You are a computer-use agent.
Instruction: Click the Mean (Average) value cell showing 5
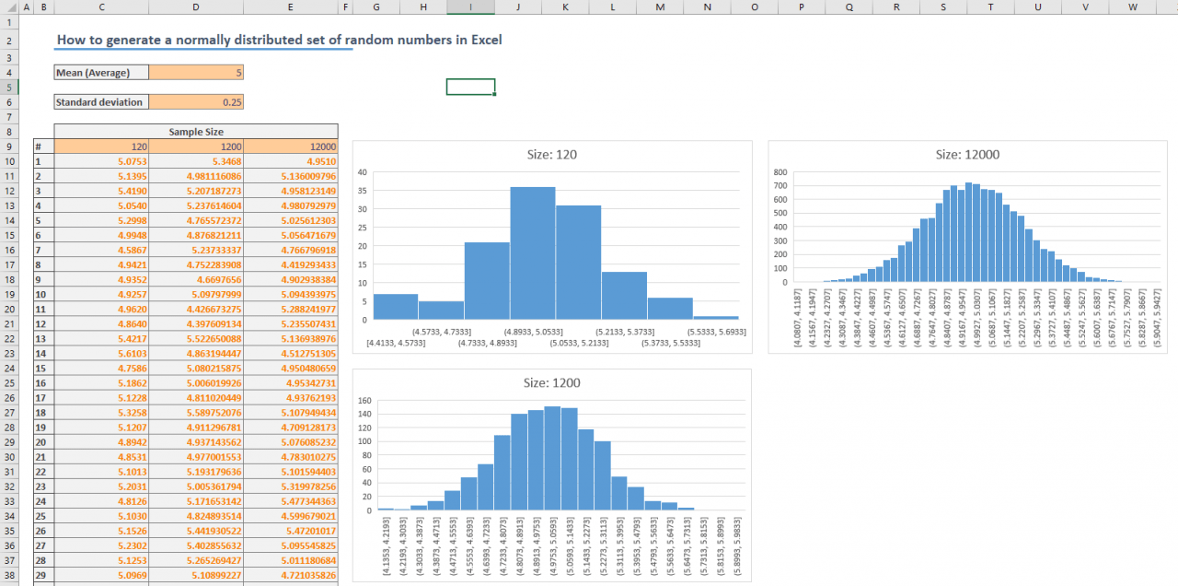[196, 73]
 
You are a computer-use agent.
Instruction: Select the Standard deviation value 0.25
[196, 102]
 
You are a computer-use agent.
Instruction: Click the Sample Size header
[196, 132]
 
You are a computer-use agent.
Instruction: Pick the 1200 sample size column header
[196, 146]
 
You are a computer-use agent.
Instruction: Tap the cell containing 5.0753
[100, 161]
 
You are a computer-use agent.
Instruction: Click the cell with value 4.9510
[291, 161]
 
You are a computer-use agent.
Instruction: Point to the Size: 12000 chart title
[967, 155]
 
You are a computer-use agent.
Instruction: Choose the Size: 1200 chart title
[551, 382]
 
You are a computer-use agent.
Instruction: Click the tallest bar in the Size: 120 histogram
[532, 253]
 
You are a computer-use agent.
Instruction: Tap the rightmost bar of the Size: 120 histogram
[715, 318]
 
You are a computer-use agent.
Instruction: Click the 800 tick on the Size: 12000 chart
[780, 172]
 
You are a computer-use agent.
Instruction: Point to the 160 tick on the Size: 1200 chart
[364, 401]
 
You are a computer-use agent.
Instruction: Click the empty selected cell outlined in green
[470, 87]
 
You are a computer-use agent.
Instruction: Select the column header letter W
[1131, 7]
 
